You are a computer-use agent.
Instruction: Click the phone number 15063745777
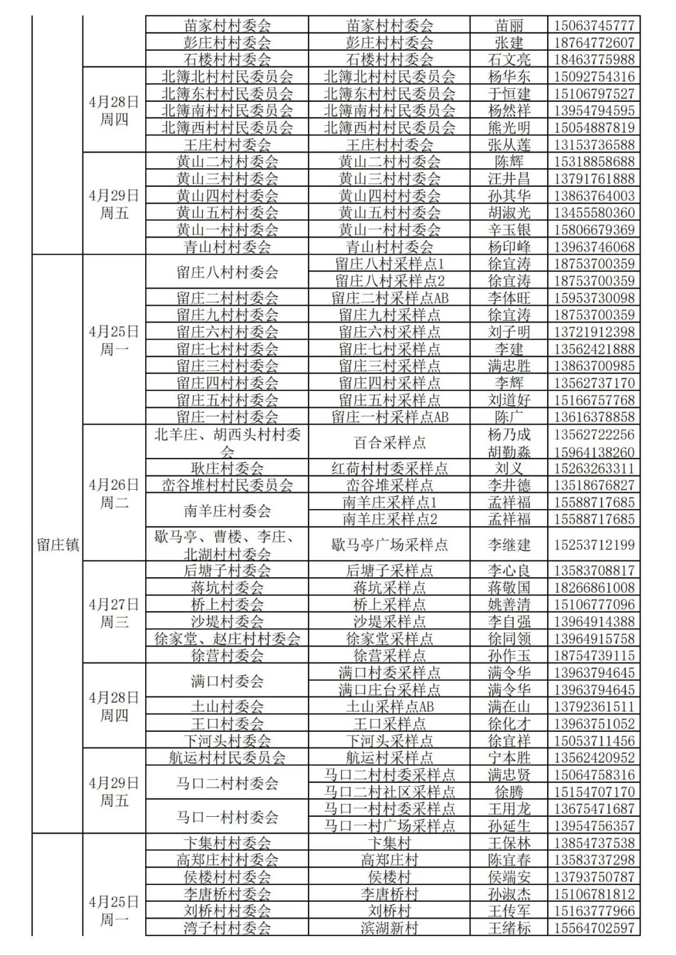click(x=594, y=26)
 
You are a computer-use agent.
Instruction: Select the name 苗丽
click(x=509, y=26)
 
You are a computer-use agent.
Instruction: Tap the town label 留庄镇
click(x=58, y=544)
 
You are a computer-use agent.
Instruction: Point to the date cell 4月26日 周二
click(x=114, y=493)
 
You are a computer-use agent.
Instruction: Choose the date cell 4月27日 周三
click(x=114, y=613)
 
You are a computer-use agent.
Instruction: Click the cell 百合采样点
click(x=389, y=443)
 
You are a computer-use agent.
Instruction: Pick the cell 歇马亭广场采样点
click(x=389, y=545)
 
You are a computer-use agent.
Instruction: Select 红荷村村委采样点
click(x=389, y=468)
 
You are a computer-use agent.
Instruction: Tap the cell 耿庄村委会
click(x=227, y=468)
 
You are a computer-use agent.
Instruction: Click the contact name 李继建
click(x=509, y=545)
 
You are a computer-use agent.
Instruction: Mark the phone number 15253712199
click(x=594, y=545)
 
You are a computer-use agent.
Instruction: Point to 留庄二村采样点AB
click(x=389, y=298)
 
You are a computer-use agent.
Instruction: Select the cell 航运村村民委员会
click(x=227, y=757)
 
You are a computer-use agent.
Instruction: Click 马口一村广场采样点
click(x=389, y=826)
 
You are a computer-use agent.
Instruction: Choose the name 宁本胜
click(x=509, y=757)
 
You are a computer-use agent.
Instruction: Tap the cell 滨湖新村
click(x=389, y=928)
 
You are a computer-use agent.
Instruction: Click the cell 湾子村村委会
click(x=227, y=928)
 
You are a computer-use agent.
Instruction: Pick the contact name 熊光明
click(x=509, y=128)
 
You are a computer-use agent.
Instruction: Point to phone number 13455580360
click(x=594, y=213)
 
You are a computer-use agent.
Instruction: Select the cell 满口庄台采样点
click(x=389, y=690)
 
